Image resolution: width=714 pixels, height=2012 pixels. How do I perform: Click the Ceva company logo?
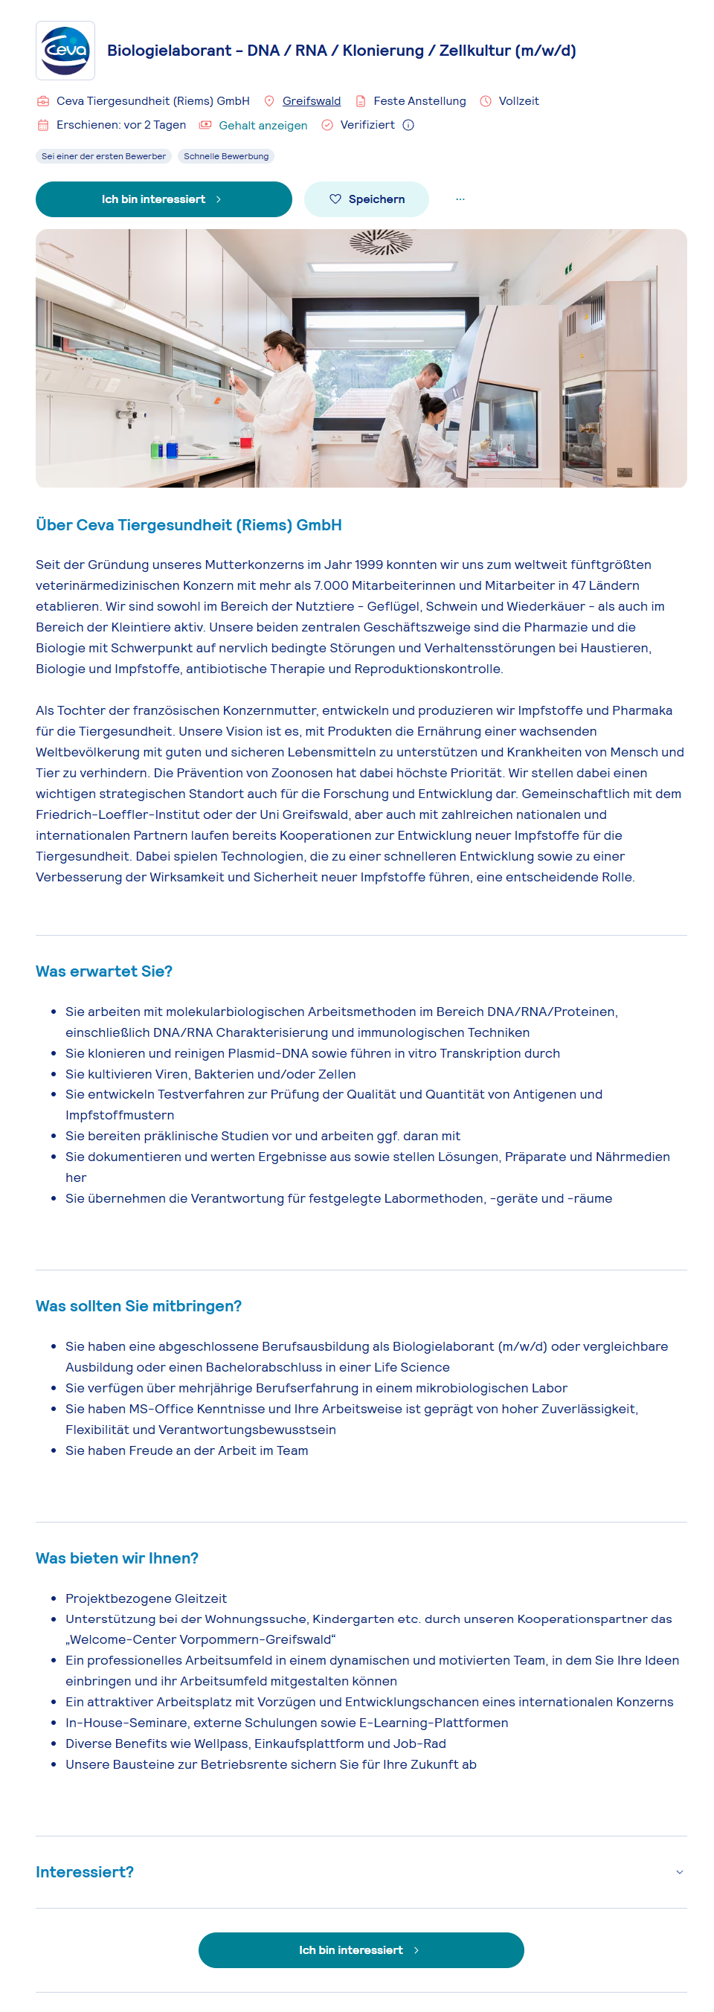[65, 51]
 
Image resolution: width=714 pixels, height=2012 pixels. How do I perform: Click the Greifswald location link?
[311, 100]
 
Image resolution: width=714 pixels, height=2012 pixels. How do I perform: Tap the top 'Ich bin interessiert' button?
[164, 199]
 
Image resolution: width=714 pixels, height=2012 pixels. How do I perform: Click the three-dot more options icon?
[460, 199]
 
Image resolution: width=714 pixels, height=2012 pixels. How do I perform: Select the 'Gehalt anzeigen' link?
[263, 125]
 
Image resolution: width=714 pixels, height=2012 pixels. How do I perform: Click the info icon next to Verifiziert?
[408, 125]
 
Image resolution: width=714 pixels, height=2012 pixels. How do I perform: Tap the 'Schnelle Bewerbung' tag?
[226, 156]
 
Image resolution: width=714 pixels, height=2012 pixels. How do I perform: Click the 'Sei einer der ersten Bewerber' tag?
[103, 156]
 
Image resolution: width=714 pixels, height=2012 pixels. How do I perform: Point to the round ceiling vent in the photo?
[381, 241]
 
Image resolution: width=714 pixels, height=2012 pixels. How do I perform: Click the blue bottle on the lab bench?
[172, 449]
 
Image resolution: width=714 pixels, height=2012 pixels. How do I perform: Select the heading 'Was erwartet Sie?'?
[104, 971]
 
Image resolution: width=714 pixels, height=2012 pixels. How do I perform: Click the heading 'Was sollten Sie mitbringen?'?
[138, 1306]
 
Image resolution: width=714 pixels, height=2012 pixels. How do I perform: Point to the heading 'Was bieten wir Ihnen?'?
[118, 1558]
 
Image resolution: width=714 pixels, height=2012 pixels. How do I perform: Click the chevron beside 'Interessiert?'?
[679, 1872]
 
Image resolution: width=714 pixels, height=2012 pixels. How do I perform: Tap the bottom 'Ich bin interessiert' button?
[361, 1950]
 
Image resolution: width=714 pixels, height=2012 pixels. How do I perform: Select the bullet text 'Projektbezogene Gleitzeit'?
[146, 1598]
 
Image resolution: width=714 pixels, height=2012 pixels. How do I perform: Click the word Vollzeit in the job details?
[518, 100]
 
